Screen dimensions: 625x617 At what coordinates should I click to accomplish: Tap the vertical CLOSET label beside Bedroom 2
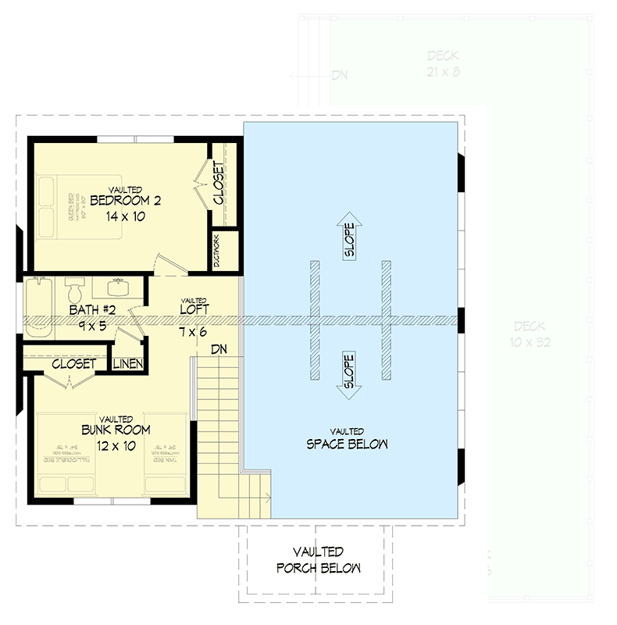[x=219, y=183]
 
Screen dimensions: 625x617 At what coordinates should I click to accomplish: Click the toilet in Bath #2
[x=75, y=291]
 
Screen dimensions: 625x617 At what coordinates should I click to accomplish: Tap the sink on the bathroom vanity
[x=119, y=282]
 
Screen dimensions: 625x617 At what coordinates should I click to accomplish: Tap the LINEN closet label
[x=127, y=364]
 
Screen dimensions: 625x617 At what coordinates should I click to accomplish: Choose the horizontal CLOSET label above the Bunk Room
[x=73, y=364]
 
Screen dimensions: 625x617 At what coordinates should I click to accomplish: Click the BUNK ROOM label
[x=116, y=430]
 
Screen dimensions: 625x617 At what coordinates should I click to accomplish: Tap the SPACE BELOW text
[x=348, y=445]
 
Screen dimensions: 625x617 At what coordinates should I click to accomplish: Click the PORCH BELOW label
[x=318, y=568]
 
